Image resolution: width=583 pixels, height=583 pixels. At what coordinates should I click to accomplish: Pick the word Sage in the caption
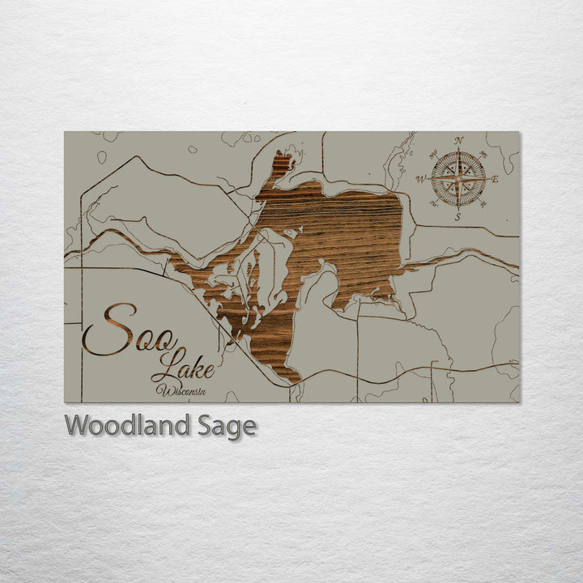[x=227, y=426]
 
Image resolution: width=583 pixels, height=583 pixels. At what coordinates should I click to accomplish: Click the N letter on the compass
[x=459, y=141]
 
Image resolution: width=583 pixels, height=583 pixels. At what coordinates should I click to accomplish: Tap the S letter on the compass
[x=457, y=216]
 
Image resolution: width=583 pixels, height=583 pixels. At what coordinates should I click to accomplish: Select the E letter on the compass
[x=495, y=179]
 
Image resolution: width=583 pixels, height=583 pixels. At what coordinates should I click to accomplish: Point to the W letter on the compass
[x=421, y=180]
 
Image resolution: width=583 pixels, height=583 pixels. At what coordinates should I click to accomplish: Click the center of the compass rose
[x=458, y=179]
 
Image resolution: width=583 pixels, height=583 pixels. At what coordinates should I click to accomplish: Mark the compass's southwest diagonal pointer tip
[x=433, y=204]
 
